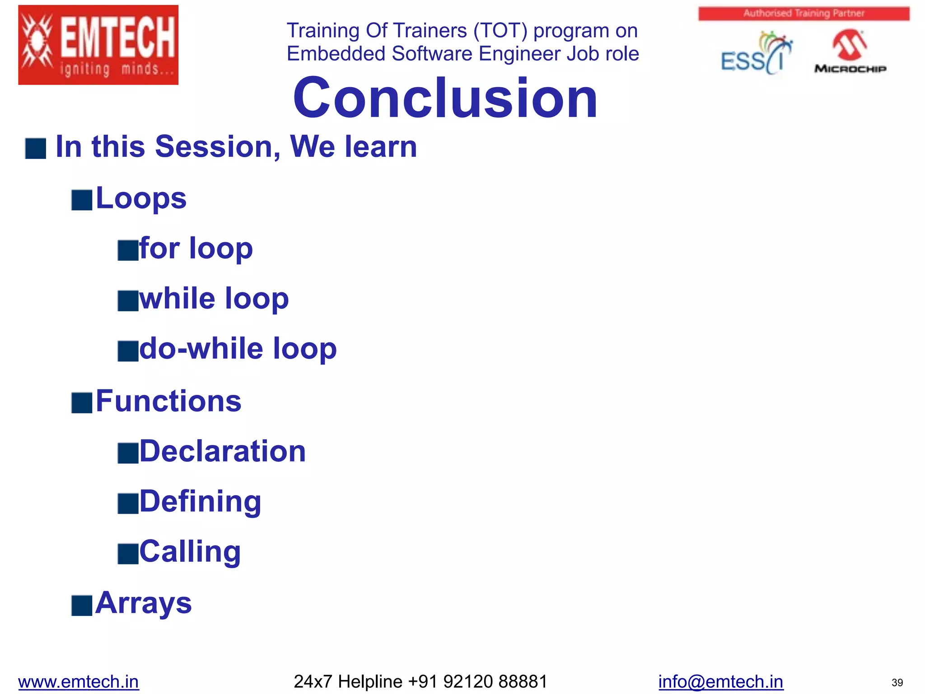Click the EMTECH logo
coord(98,45)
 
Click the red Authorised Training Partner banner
coord(804,14)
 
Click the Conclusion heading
coord(445,98)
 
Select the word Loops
coord(141,198)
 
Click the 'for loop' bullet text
coord(196,249)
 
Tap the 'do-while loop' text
coord(238,348)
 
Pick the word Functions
coord(168,401)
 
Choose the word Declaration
coord(223,451)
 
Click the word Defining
coord(200,502)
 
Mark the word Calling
coord(190,552)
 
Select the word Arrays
coord(144,603)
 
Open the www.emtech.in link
coord(79,681)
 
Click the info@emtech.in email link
coord(720,681)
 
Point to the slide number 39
coord(897,683)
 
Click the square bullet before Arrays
coord(82,605)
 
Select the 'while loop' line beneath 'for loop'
coord(214,299)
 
